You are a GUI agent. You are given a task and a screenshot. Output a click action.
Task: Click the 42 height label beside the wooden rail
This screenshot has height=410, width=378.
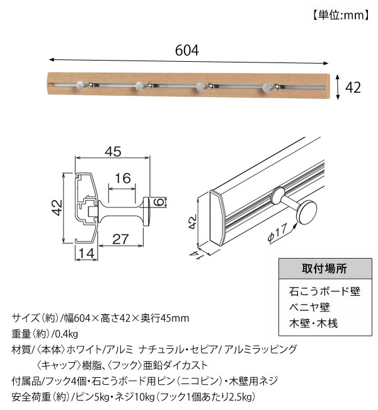[353, 87]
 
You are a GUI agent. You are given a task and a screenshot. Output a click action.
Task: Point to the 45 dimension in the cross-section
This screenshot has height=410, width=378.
[113, 152]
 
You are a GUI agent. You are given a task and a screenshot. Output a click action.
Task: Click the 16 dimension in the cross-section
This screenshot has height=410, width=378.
[123, 179]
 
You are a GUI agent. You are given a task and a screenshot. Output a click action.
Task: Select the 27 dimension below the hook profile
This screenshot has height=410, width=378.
[121, 238]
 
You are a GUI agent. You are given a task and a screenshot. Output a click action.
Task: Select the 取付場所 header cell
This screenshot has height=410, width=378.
[323, 269]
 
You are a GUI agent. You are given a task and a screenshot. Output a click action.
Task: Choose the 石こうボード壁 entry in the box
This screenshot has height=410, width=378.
[324, 291]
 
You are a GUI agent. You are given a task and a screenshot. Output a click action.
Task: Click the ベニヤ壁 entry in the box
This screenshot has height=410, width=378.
[306, 308]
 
